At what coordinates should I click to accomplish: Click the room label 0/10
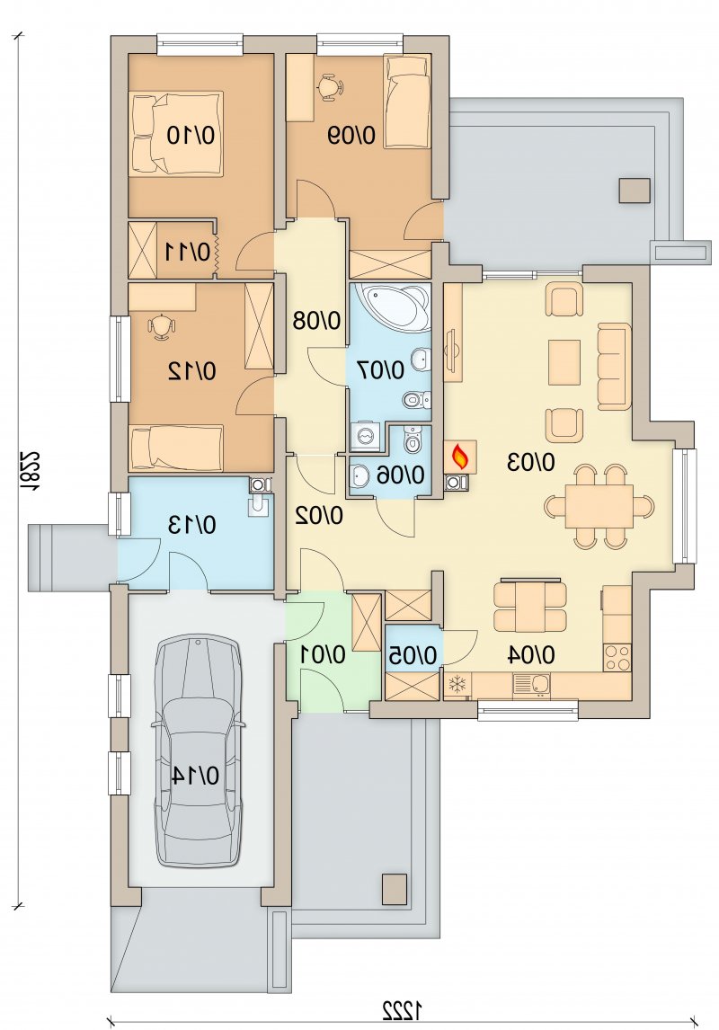point(191,136)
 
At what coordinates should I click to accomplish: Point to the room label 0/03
point(530,462)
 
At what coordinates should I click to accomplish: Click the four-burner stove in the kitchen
point(617,658)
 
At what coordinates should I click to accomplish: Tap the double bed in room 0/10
point(177,134)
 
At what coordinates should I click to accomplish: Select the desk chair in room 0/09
point(332,87)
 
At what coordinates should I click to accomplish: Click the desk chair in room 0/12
point(162,326)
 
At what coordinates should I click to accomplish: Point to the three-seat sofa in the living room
point(614,367)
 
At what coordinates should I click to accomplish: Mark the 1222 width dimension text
point(401,1007)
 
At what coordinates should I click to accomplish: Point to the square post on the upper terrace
point(635,191)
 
